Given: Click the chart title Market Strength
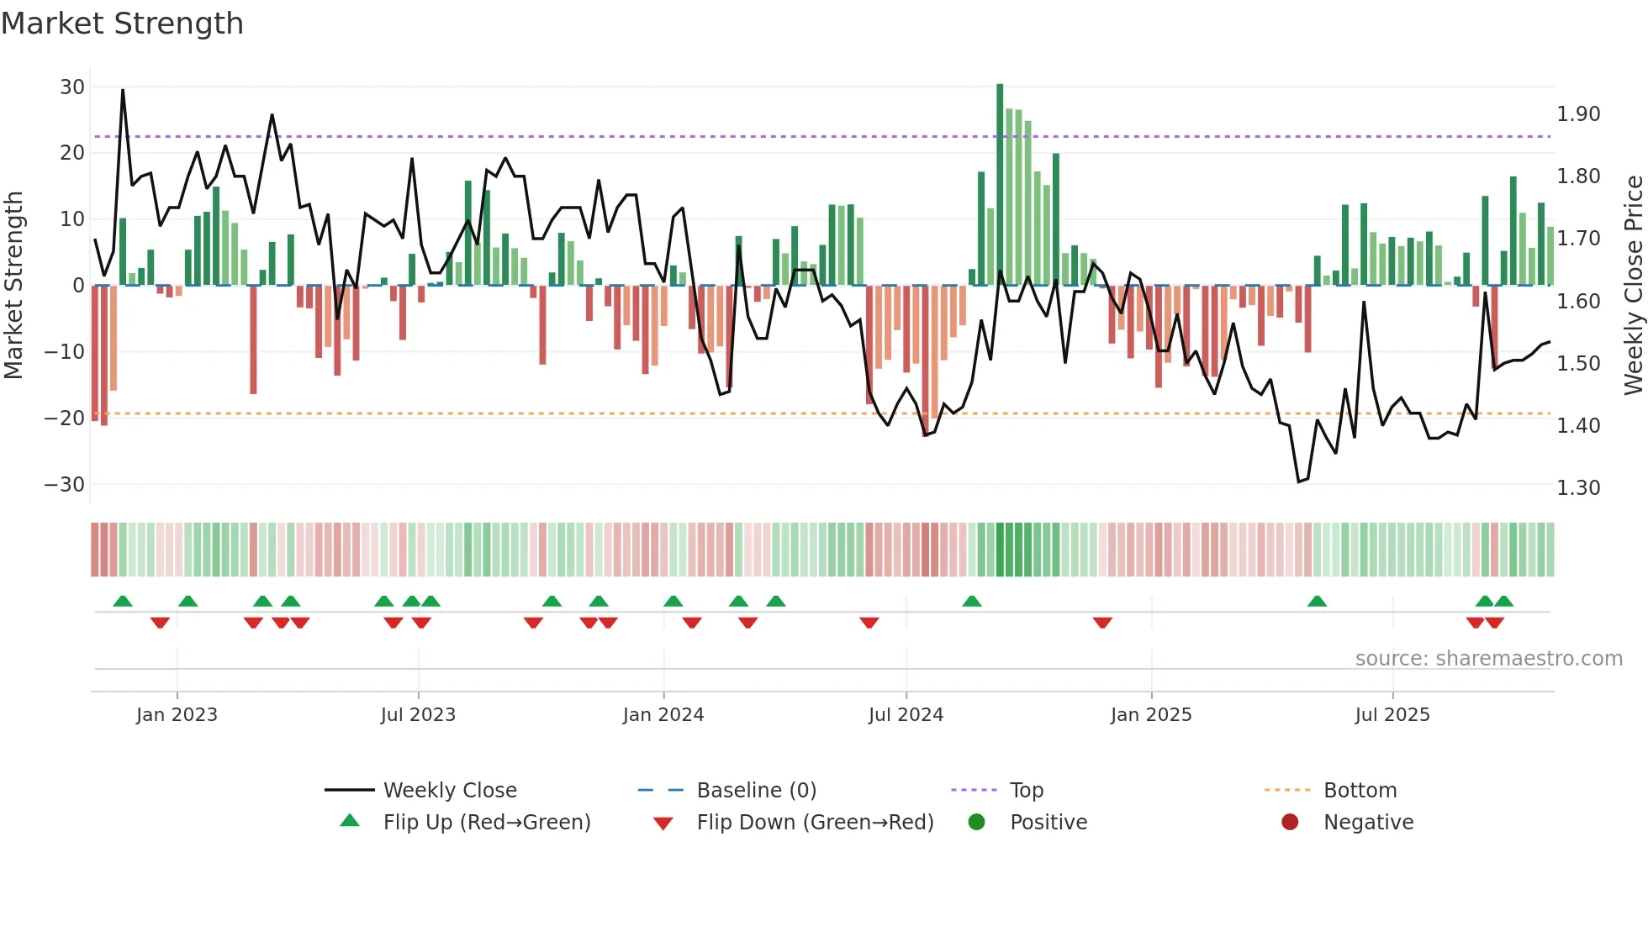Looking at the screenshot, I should coord(122,24).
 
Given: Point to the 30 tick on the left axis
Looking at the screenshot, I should coord(72,87).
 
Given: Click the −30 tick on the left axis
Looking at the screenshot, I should coord(65,485).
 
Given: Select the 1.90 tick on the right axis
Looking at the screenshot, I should coord(1578,114).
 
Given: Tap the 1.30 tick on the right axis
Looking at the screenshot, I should coord(1578,488).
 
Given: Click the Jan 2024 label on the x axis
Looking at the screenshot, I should coord(663,715).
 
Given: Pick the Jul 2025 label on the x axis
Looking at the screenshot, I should coord(1392,715).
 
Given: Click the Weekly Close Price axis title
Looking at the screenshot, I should coord(1633,285).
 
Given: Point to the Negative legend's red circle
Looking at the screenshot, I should coord(1290,822).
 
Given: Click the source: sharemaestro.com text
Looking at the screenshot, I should coord(1488,659).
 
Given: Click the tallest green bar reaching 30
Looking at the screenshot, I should coord(1000,185).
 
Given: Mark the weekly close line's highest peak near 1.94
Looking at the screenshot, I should coord(123,91).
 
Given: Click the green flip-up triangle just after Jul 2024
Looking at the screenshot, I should coord(971,602).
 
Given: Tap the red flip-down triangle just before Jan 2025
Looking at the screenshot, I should coord(1102,623).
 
